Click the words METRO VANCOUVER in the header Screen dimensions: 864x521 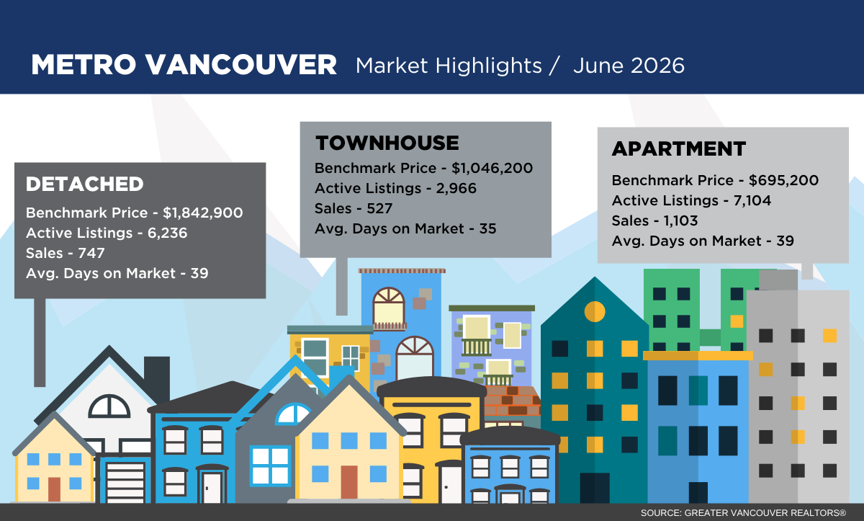(184, 64)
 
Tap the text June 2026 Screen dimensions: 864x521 (629, 66)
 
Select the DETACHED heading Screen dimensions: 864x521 (84, 184)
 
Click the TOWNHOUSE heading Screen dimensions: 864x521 (387, 143)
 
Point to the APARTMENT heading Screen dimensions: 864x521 (679, 148)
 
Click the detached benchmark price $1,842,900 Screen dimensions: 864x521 (203, 213)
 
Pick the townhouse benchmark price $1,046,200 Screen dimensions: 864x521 (492, 168)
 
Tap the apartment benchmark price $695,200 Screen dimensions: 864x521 (783, 180)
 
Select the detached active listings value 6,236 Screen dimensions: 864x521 (167, 233)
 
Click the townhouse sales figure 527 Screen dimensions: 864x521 (379, 208)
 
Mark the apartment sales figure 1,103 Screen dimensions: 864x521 (681, 221)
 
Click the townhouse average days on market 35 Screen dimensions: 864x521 (487, 228)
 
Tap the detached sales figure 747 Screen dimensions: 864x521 (91, 253)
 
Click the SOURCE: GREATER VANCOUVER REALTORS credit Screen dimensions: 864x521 (743, 513)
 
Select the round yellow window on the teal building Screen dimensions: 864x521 (595, 311)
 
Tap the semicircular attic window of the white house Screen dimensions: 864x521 (109, 406)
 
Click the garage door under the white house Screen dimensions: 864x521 (125, 482)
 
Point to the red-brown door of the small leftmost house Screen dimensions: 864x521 (54, 489)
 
